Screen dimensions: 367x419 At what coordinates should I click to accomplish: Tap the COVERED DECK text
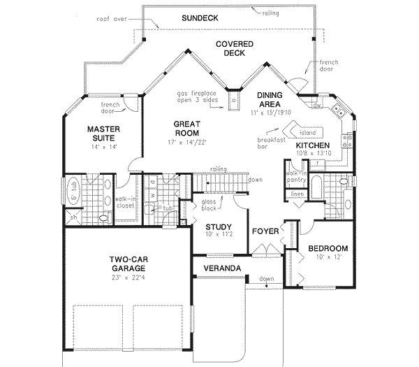pos(233,49)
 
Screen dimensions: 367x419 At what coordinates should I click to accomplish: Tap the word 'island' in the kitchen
pos(307,131)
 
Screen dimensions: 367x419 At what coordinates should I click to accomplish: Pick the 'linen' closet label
pos(296,194)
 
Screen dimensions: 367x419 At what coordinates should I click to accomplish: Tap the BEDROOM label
pos(328,248)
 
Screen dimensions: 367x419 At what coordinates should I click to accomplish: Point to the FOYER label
pos(265,229)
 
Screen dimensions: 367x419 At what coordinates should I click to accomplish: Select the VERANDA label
pos(222,268)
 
